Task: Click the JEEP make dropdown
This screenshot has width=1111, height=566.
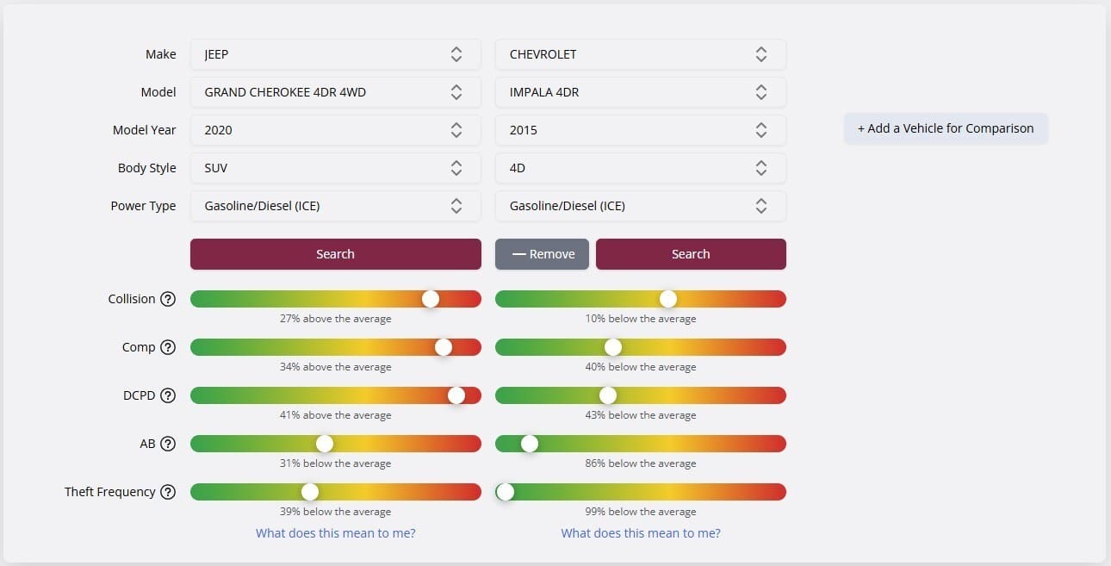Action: point(335,54)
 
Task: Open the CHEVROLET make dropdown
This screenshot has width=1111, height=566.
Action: point(640,54)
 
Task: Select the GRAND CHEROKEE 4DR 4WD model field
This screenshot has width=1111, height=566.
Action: point(335,92)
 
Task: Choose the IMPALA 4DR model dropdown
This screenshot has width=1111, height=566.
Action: point(640,92)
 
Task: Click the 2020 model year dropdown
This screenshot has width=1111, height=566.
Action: point(335,130)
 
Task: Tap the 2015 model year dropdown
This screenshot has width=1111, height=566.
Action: point(640,130)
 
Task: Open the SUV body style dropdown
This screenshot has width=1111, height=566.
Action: point(335,168)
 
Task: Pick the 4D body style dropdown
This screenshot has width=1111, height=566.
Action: point(640,168)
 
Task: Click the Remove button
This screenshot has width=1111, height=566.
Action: point(542,254)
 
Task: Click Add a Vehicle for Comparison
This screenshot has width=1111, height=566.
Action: point(946,128)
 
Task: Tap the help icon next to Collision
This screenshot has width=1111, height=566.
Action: point(168,299)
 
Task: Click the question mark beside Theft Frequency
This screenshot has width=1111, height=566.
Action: point(168,492)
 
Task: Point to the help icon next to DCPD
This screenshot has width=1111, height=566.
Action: point(168,395)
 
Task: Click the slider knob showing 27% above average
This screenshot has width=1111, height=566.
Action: point(431,299)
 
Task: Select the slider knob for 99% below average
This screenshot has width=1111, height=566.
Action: point(506,492)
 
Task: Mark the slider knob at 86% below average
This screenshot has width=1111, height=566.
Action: point(530,444)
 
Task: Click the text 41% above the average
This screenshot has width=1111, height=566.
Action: point(335,415)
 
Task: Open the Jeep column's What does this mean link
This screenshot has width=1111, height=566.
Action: point(335,533)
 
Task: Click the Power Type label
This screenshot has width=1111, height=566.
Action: point(143,206)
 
